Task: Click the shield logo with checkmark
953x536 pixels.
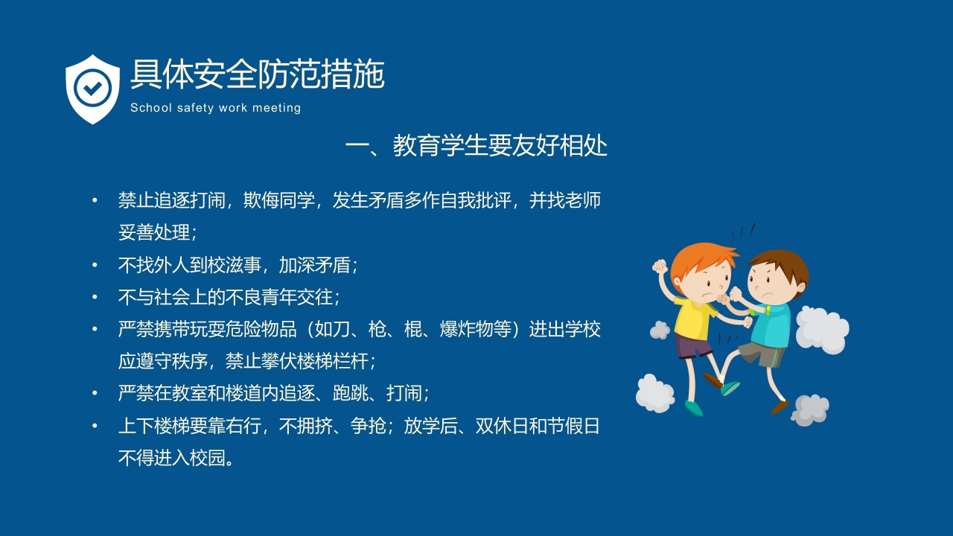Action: (x=92, y=89)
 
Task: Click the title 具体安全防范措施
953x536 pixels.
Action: (x=257, y=74)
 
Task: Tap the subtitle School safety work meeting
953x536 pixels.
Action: (x=215, y=108)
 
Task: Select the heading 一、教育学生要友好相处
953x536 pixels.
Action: (x=476, y=146)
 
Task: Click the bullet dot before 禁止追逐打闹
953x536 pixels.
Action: (x=95, y=201)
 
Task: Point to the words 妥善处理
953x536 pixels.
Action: (x=154, y=232)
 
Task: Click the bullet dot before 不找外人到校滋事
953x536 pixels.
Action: (x=95, y=265)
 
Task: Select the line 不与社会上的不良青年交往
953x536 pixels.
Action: (x=228, y=297)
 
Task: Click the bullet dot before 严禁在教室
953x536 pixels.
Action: (x=95, y=393)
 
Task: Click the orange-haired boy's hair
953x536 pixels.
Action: (x=700, y=257)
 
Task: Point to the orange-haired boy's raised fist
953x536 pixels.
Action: (x=660, y=267)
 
